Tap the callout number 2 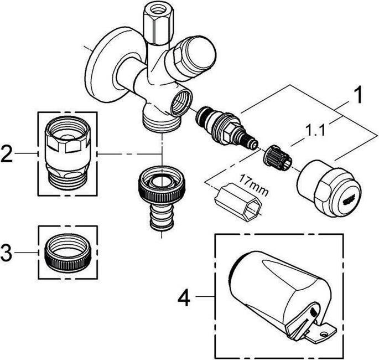pos(7,153)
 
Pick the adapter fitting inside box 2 pos(66,153)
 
